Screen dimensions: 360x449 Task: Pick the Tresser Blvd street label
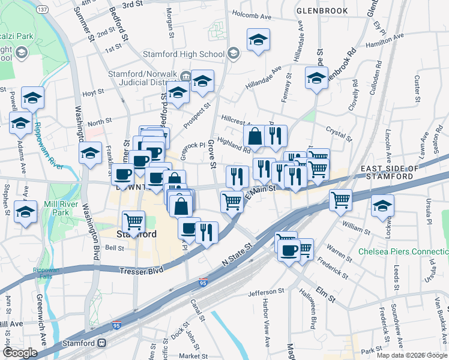click(x=142, y=271)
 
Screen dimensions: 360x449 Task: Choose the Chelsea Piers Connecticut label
click(x=402, y=251)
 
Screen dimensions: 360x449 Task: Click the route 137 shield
click(x=42, y=10)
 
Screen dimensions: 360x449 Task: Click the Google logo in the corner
click(x=20, y=353)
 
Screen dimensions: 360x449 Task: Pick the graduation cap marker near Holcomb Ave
click(x=258, y=40)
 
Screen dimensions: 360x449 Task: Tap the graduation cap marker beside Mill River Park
click(x=25, y=212)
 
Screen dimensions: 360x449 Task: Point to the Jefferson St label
click(x=265, y=292)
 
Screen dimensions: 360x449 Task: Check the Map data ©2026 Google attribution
click(x=411, y=355)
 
